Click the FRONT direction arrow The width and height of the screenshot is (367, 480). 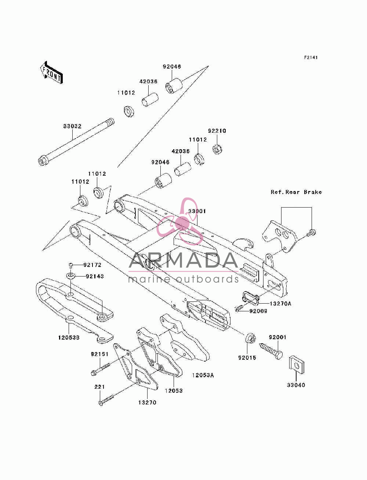[x=51, y=72]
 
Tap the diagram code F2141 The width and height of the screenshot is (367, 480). [x=311, y=58]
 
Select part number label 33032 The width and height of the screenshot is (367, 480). [x=72, y=126]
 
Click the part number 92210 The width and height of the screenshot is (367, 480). [x=217, y=131]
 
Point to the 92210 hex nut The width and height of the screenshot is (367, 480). [x=218, y=149]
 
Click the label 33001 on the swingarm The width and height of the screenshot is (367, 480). [x=197, y=211]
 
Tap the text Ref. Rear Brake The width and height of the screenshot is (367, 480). [x=296, y=192]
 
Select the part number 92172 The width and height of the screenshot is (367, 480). [x=92, y=265]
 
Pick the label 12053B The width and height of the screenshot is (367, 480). [x=69, y=338]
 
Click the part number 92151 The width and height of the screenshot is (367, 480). [x=100, y=354]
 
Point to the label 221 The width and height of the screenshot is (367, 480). [x=99, y=387]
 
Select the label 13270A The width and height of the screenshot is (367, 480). [x=280, y=304]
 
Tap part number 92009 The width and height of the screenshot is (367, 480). [x=258, y=311]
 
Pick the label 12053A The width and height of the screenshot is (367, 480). [x=203, y=375]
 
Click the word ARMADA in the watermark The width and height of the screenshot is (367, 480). [x=183, y=260]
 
